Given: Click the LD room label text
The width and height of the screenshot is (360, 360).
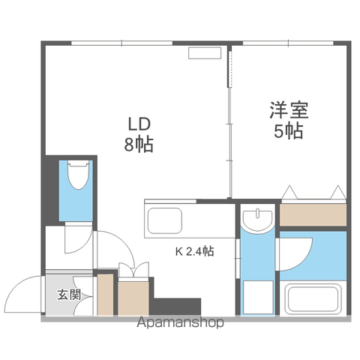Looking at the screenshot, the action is coord(139,124).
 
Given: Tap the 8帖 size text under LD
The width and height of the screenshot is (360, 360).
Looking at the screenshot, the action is coord(139,145).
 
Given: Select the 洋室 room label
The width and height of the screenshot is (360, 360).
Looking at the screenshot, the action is coord(289,109).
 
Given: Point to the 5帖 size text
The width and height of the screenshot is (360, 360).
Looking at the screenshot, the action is coord(289,130).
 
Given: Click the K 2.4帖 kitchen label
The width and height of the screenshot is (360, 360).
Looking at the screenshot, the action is coord(194,251).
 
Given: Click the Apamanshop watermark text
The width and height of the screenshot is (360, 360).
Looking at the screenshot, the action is coord(180,322).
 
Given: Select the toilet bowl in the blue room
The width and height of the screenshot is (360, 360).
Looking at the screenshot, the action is coord(79,175).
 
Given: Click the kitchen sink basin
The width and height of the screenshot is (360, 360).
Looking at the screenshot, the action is coord(165,220).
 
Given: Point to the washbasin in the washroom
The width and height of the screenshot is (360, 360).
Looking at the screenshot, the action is coord(257,220).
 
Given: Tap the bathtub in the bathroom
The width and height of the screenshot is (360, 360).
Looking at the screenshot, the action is coord(313,299).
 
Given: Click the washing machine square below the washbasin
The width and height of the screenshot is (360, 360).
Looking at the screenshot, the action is coord(258,297).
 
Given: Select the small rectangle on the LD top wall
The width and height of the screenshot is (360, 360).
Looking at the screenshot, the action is coord(205,53).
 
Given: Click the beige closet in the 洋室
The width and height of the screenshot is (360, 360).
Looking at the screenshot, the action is coord(313,214).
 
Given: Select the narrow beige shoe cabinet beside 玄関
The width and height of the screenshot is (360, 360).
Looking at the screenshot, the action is coord(105,295).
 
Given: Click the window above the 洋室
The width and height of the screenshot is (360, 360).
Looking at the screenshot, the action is coord(288,43).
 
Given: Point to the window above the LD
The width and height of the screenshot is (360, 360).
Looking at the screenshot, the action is coord(121,43).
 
